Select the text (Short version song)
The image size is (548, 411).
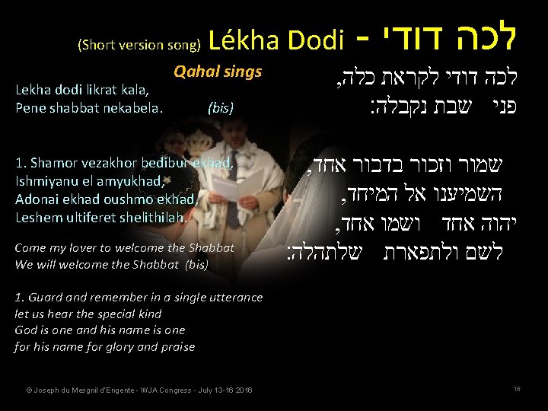pos(139,45)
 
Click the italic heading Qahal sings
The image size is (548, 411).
pos(218,72)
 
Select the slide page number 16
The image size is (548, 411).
pos(517,389)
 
